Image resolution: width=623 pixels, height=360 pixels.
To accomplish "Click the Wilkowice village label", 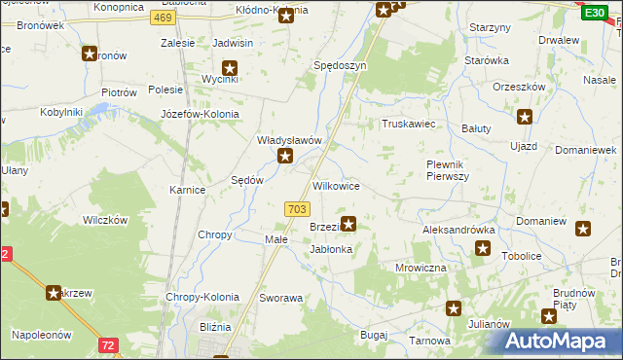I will [x=337, y=185].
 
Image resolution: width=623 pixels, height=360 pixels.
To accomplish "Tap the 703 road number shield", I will [x=298, y=209].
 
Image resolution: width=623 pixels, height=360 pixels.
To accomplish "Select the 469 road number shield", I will [x=164, y=18].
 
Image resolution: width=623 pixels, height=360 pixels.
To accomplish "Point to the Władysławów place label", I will [x=289, y=140].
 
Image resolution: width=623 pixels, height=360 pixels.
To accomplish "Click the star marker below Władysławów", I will [x=285, y=156].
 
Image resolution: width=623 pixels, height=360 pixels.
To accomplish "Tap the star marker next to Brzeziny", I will [x=348, y=224].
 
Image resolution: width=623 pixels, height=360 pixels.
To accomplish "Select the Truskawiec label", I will [x=407, y=124].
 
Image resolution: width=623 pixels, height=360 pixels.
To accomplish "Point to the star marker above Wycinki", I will [x=230, y=68].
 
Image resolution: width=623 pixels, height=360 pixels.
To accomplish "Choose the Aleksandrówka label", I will [x=459, y=230].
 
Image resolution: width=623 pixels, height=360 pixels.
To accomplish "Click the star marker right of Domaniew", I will [x=583, y=230].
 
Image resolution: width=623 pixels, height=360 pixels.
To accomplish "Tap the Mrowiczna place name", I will [x=421, y=267].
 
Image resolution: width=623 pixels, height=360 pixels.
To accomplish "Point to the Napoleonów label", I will [x=42, y=334].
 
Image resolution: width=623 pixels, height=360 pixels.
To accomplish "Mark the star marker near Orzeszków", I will [x=525, y=118].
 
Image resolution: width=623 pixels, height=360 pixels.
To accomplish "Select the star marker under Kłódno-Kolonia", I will [x=285, y=17].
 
